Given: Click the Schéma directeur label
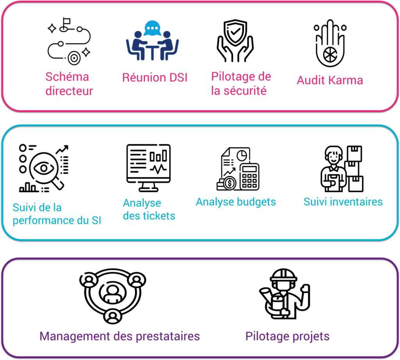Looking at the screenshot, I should (x=69, y=84).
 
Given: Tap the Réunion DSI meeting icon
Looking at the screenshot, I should (x=153, y=39).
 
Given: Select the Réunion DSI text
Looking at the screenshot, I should (x=155, y=77).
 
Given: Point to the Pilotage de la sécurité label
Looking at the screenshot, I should (x=241, y=83).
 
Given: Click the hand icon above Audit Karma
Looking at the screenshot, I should (x=330, y=43).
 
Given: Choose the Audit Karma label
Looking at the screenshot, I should (x=330, y=80).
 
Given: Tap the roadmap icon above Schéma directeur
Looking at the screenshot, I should (x=69, y=41).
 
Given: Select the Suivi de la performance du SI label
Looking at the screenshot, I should (x=57, y=214).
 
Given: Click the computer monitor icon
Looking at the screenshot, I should (x=148, y=168).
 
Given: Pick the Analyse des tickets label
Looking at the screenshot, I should (x=149, y=210).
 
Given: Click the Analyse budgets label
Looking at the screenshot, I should (x=236, y=202).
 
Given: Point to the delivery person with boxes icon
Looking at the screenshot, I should (x=341, y=169).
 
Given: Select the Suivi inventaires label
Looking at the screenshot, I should (x=343, y=202).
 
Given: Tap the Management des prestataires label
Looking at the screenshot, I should (x=120, y=336).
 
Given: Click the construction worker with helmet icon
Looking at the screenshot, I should (x=284, y=294).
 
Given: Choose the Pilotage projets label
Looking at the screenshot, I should (x=287, y=336).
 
